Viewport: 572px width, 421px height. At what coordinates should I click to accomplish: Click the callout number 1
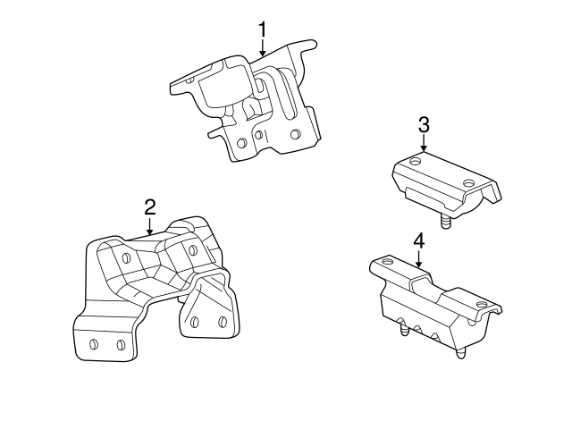click(x=263, y=29)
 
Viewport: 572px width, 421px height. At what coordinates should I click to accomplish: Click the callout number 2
click(x=150, y=206)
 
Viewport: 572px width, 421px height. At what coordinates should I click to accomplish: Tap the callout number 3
click(x=424, y=123)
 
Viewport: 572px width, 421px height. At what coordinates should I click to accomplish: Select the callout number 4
click(x=418, y=240)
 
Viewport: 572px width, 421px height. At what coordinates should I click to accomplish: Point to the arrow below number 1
click(x=263, y=50)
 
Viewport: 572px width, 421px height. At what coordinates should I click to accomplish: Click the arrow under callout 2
click(x=150, y=227)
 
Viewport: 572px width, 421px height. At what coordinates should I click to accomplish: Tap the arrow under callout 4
click(x=418, y=260)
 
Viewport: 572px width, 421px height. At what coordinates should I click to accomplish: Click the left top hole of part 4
click(x=386, y=261)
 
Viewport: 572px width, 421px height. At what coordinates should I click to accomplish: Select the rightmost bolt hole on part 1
click(x=296, y=135)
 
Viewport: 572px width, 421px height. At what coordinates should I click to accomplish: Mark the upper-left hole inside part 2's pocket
click(x=126, y=258)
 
